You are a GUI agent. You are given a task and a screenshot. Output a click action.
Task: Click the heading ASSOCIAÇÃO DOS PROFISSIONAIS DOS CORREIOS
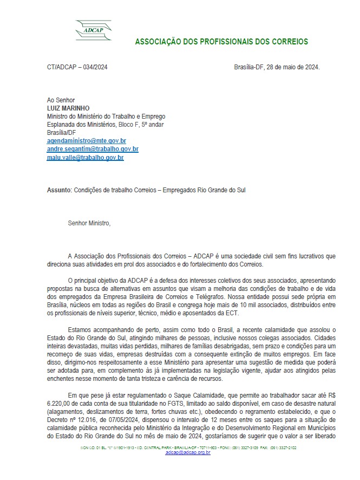coord(221,42)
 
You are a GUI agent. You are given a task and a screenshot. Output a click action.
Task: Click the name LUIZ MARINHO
coord(68,108)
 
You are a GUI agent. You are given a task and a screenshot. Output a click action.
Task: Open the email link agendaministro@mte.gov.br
coord(87,141)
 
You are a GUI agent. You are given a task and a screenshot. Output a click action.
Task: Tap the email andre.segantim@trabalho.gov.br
coord(93,149)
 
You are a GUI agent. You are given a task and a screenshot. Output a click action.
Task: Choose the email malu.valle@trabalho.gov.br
coord(86,158)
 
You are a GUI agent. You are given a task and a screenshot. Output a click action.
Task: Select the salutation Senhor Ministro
coord(89,223)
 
